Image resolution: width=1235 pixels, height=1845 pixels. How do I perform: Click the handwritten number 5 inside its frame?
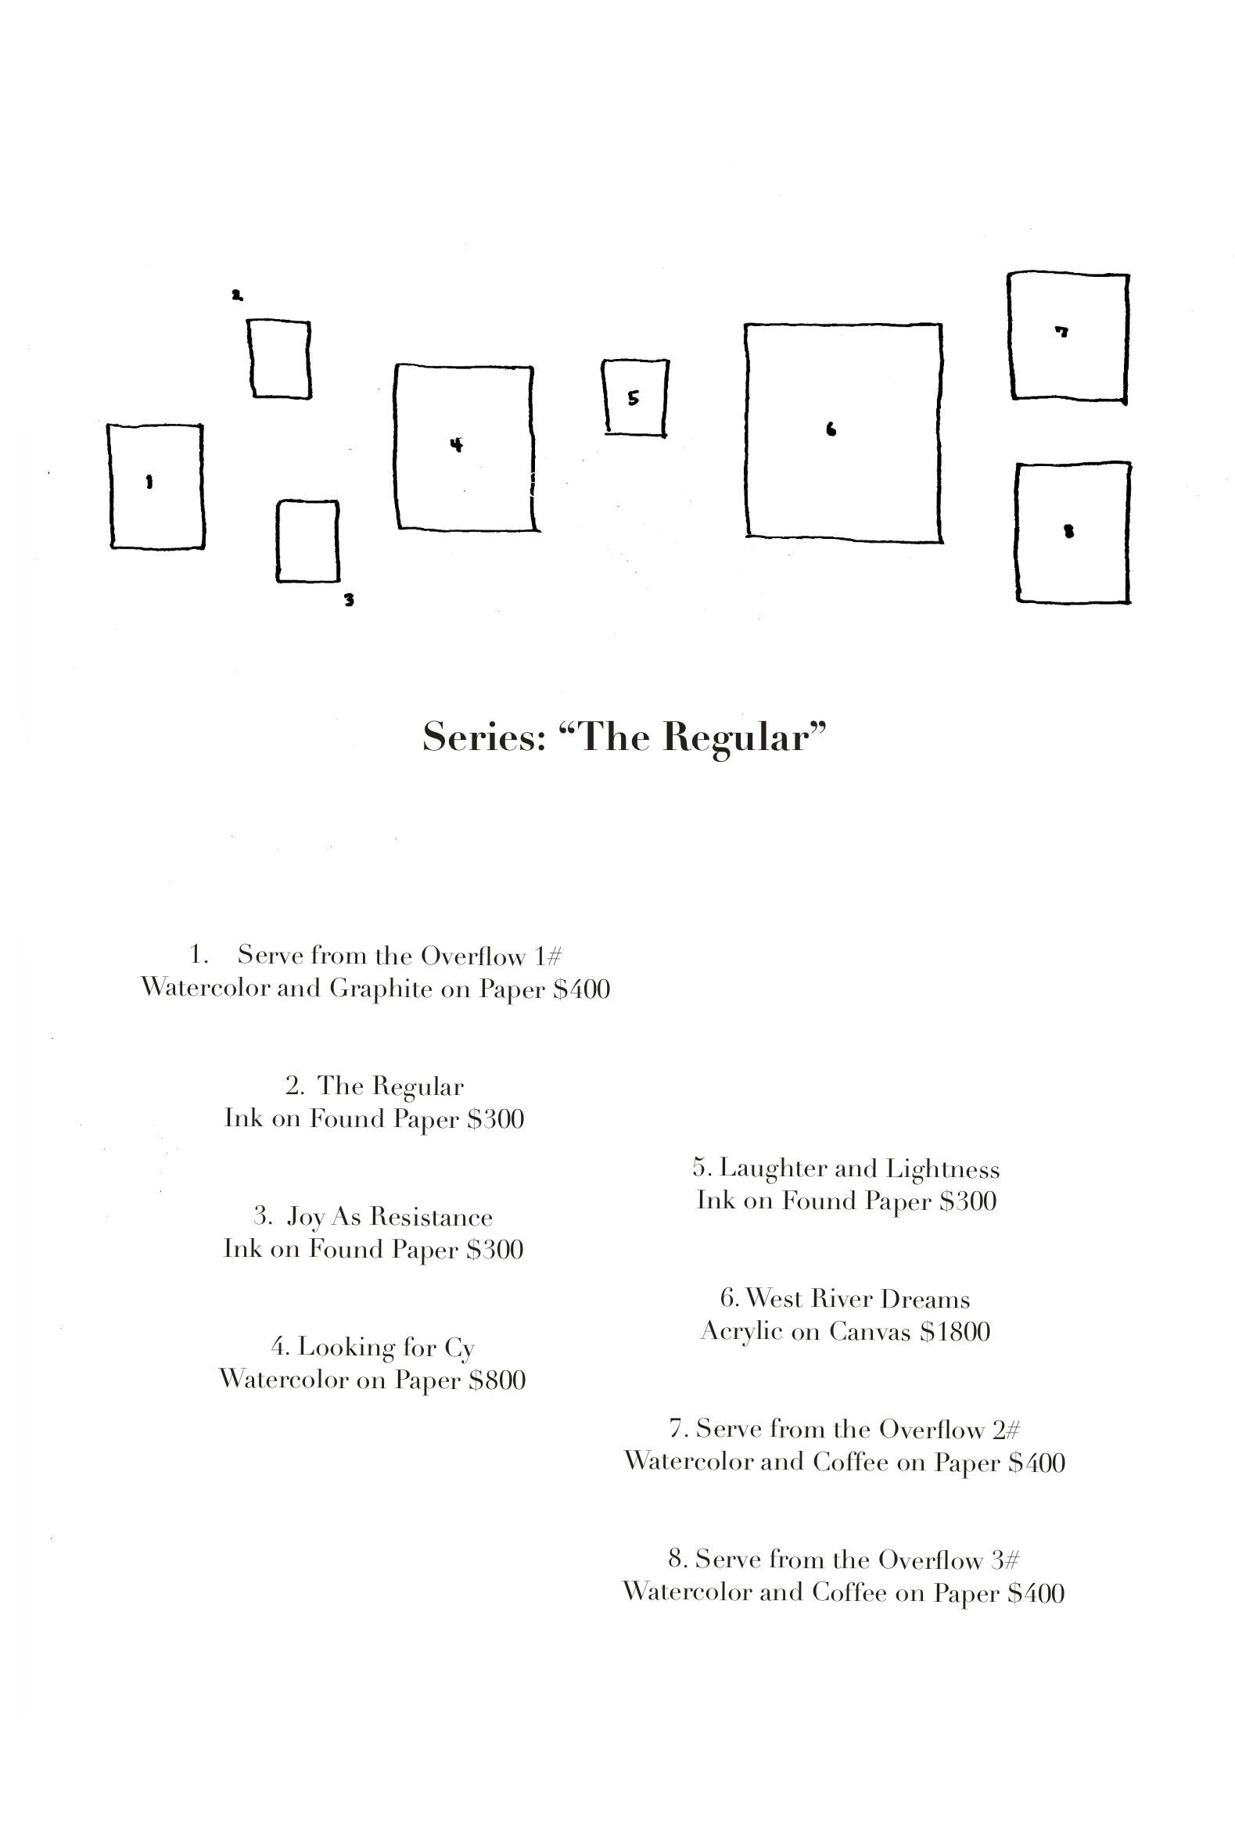pyautogui.click(x=634, y=398)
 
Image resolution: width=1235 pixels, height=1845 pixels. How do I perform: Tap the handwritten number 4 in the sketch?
pyautogui.click(x=456, y=445)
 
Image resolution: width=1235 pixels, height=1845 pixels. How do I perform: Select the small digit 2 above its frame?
pyautogui.click(x=237, y=296)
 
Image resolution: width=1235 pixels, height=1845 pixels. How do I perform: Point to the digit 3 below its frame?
pyautogui.click(x=349, y=600)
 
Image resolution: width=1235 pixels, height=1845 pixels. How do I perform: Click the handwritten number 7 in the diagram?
pyautogui.click(x=1061, y=332)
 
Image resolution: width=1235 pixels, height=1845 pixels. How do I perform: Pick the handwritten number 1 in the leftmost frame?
pyautogui.click(x=149, y=482)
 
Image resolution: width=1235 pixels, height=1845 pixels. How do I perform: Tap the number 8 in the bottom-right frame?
pyautogui.click(x=1069, y=532)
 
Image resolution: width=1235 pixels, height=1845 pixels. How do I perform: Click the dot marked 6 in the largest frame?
pyautogui.click(x=831, y=429)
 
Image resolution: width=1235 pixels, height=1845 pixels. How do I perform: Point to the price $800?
pyautogui.click(x=497, y=1380)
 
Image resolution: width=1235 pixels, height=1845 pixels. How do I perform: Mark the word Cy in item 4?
pyautogui.click(x=459, y=1348)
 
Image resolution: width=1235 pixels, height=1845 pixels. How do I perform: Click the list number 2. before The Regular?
pyautogui.click(x=295, y=1086)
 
